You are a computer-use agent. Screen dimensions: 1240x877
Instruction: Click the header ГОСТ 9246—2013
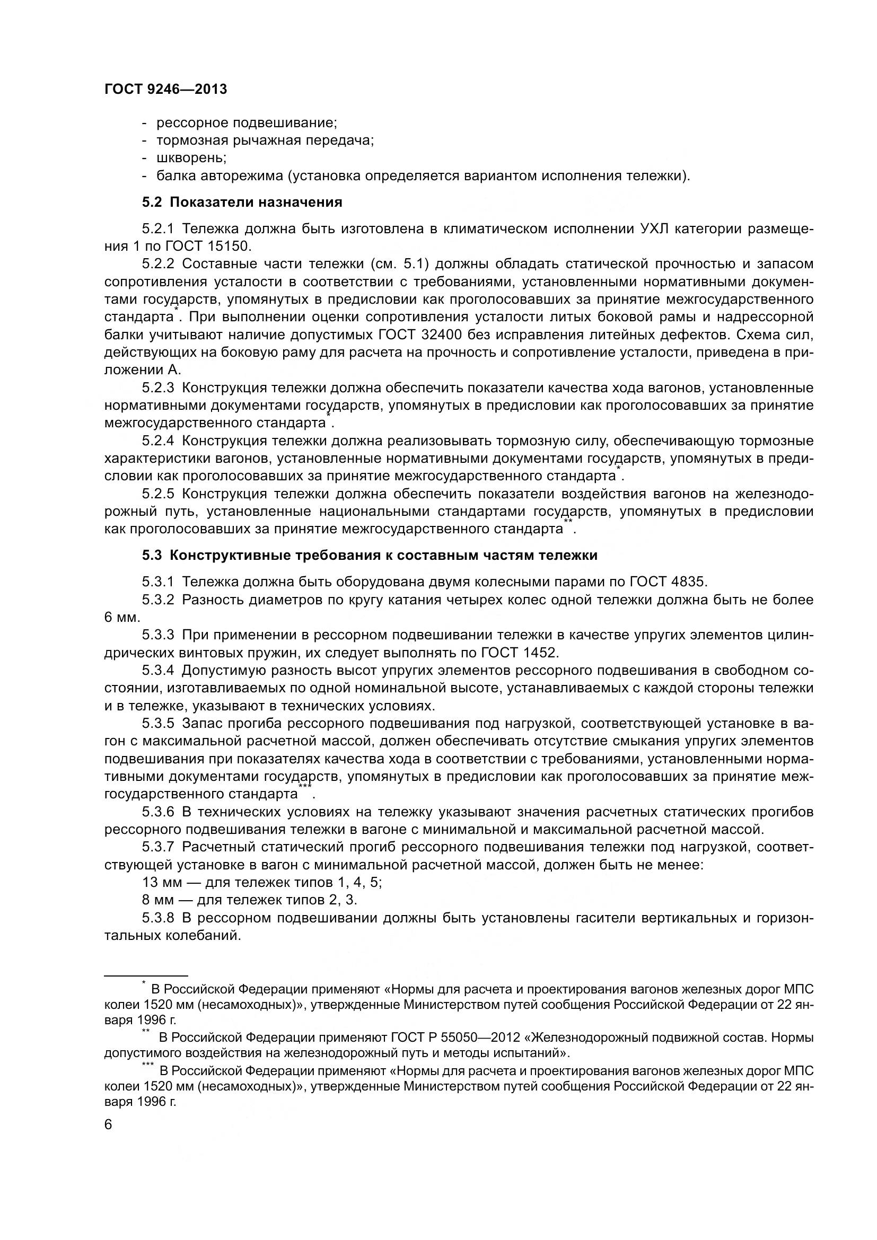(x=165, y=89)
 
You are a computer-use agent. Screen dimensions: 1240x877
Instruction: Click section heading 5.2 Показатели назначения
(x=242, y=203)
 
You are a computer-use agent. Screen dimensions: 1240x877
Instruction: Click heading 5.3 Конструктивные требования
(x=370, y=555)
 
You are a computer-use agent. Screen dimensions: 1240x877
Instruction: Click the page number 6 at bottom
(x=108, y=1125)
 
